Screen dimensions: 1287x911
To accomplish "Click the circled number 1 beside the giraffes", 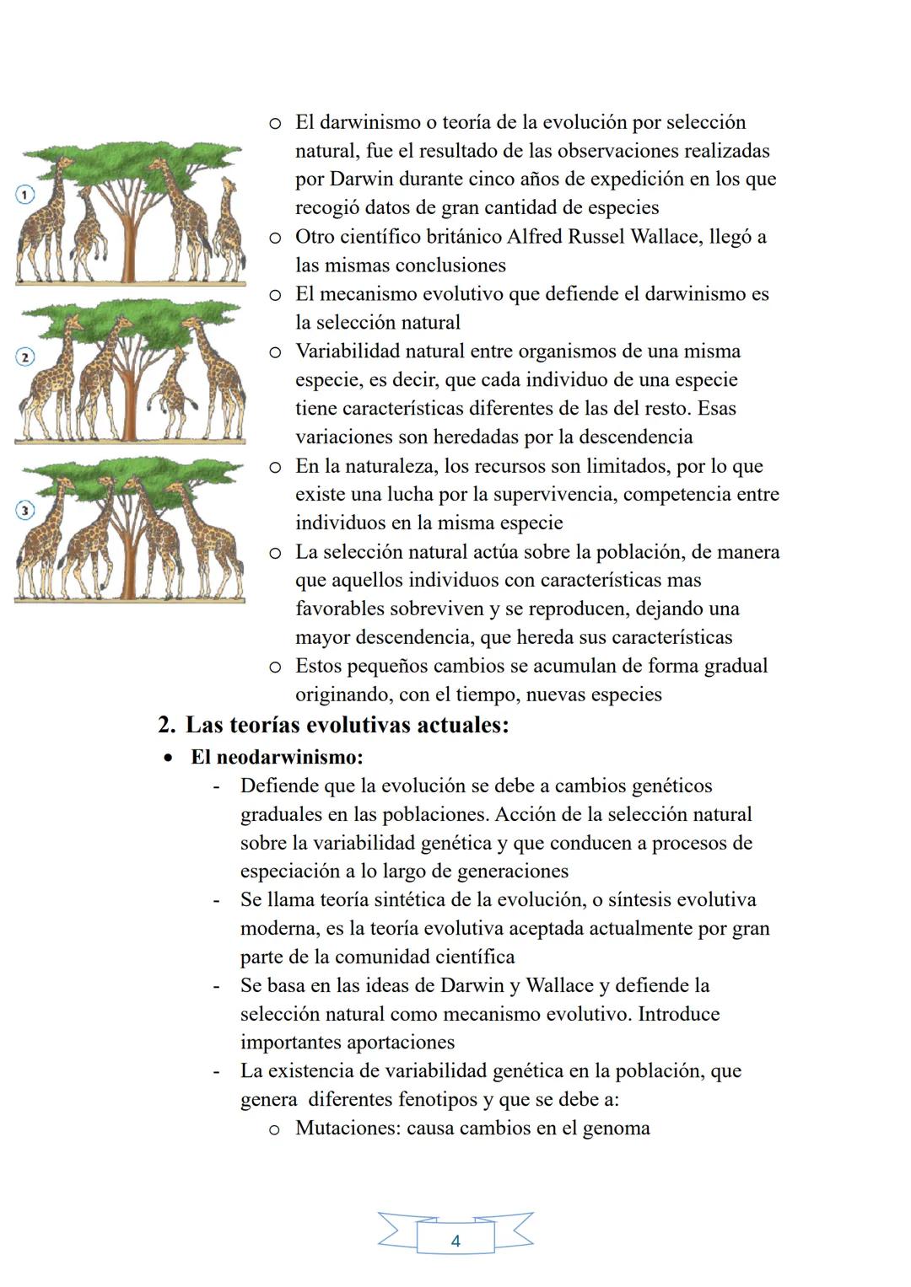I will point(24,195).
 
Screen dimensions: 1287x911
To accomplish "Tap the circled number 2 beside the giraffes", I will point(24,357).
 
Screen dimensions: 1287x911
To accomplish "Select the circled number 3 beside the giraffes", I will point(24,511).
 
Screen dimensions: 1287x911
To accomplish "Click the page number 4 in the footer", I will point(455,1241).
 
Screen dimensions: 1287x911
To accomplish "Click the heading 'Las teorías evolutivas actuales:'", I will point(347,725).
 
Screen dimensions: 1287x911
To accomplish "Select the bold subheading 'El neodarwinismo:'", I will point(277,757).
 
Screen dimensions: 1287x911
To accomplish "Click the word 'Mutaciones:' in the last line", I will point(348,1129).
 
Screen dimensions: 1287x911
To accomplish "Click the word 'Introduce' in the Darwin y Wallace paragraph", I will point(678,1014).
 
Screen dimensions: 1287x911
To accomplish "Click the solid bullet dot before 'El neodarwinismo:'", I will point(169,758).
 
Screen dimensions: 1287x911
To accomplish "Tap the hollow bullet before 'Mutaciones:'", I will point(274,1129).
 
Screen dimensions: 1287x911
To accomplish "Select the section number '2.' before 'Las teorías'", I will point(167,725).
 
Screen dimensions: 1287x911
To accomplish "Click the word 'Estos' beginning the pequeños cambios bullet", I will point(320,666).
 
